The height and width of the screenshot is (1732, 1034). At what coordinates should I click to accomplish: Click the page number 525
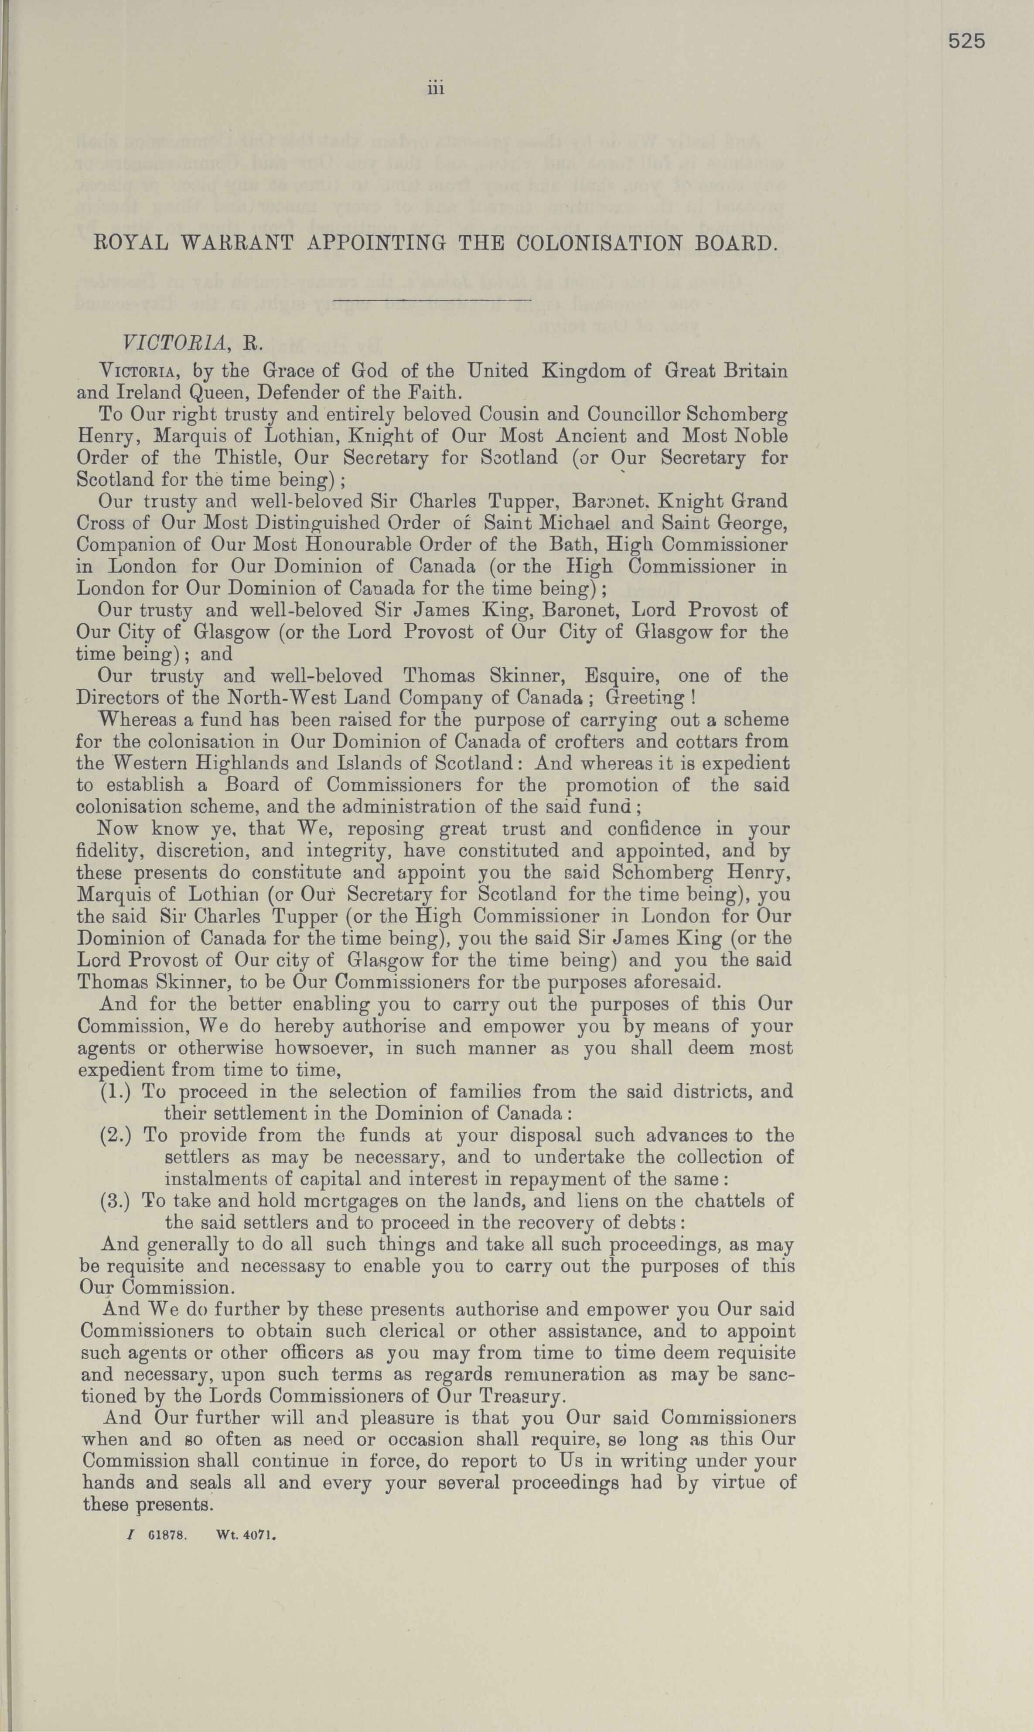pos(966,42)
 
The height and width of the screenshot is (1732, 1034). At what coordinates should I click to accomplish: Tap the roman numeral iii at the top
pos(436,89)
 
